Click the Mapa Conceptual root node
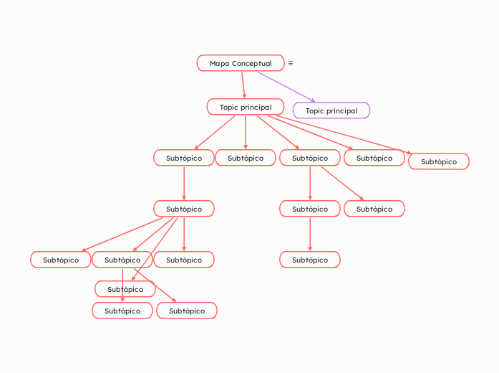(x=241, y=63)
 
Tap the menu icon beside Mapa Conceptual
(x=290, y=63)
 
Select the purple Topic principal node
(x=331, y=110)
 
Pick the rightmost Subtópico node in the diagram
(x=438, y=161)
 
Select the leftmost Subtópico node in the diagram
(x=61, y=260)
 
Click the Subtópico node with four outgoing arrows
(x=184, y=209)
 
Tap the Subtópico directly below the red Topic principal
(x=246, y=158)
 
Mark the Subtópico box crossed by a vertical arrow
(x=125, y=289)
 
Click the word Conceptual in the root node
(x=251, y=64)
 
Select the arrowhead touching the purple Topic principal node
(x=312, y=100)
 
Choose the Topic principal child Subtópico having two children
(x=310, y=158)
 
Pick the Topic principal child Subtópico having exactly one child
(x=184, y=158)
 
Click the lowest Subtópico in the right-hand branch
(x=310, y=260)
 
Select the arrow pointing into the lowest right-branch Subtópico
(x=310, y=234)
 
